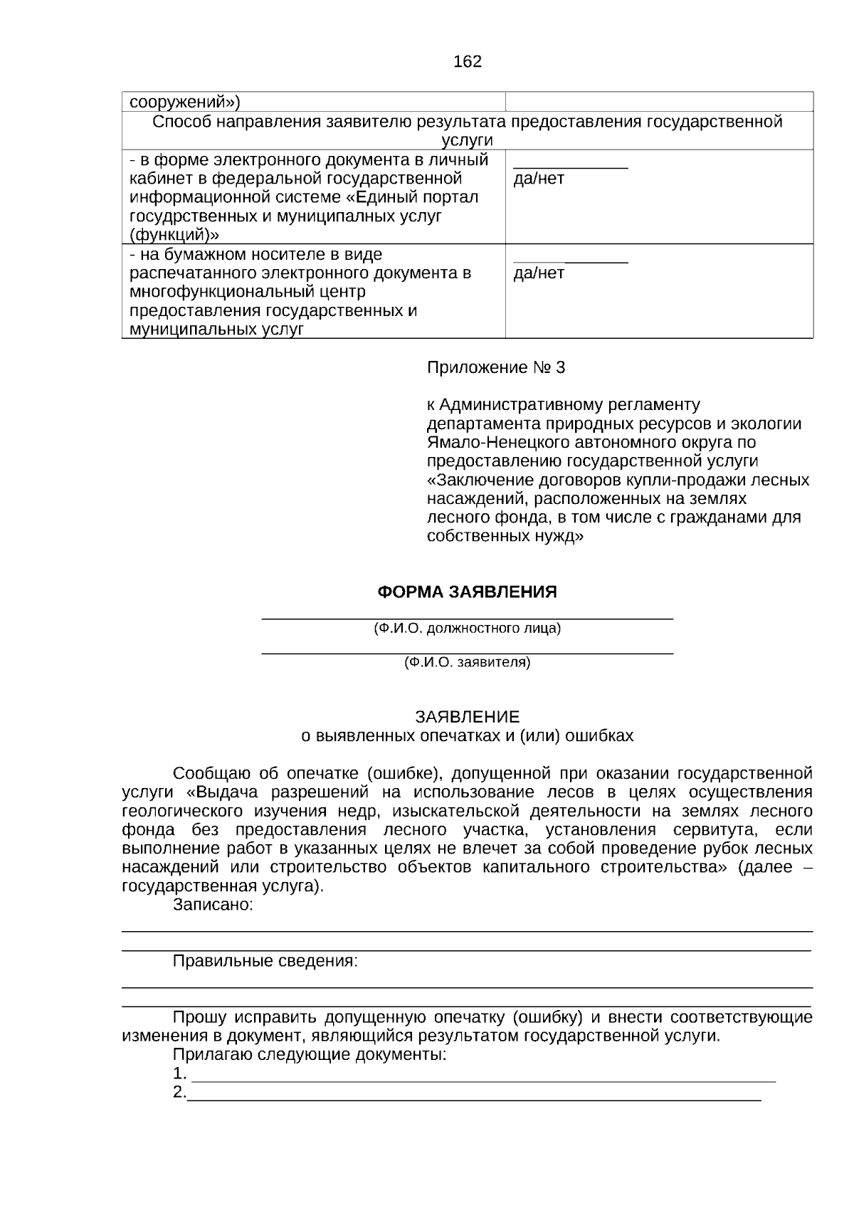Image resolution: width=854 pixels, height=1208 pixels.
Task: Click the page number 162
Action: [x=467, y=61]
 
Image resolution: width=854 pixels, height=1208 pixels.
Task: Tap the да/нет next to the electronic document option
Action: [x=539, y=179]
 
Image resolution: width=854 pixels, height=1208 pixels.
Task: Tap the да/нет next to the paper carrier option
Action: [x=539, y=273]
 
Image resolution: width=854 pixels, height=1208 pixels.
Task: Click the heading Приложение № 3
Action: [x=495, y=367]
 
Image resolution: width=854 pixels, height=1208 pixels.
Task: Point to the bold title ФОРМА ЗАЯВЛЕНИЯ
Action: [x=467, y=592]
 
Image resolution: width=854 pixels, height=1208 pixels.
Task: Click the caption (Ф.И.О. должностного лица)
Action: [x=467, y=629]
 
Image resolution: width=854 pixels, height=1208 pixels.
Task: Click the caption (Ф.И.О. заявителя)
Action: [x=467, y=663]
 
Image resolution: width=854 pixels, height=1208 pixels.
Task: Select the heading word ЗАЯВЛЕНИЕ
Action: [x=467, y=716]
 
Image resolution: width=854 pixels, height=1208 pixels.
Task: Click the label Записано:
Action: [x=213, y=905]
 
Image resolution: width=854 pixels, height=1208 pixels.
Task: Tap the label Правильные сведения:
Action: [x=265, y=962]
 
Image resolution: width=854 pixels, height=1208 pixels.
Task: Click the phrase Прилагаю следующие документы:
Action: [x=310, y=1055]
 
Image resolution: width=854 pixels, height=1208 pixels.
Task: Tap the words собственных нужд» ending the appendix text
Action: [x=505, y=536]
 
